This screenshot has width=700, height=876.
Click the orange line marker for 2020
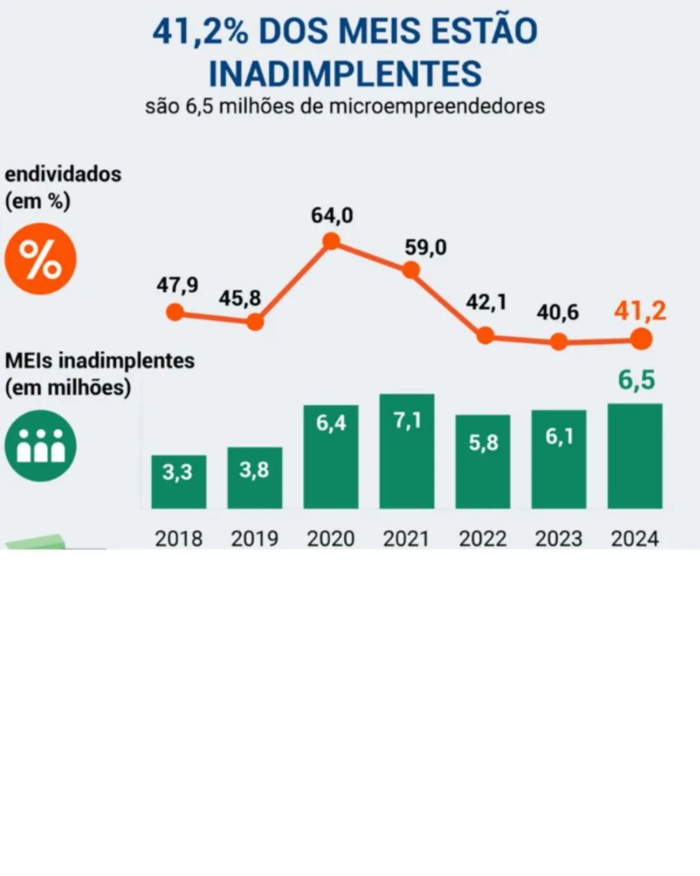331,242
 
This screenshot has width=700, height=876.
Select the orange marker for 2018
175,312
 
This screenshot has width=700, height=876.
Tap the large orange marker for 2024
641,339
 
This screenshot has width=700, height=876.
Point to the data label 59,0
425,247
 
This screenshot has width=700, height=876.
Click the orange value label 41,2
641,311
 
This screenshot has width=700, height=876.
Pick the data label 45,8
239,298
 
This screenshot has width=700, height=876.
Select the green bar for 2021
407,451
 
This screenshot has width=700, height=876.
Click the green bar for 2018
178,482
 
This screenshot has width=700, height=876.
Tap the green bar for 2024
635,456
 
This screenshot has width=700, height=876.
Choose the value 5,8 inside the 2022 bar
483,442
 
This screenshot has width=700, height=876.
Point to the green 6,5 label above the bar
636,381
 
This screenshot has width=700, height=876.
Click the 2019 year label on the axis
254,539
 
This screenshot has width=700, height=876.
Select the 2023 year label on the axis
558,539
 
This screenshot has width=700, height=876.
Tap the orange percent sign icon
40,259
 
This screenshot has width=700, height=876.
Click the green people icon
40,446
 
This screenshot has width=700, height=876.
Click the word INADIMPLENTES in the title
345,74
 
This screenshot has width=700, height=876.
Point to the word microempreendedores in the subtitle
436,107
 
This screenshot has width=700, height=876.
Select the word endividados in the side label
63,175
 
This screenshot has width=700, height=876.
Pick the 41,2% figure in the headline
200,31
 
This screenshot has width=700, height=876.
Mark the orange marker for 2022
485,335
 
